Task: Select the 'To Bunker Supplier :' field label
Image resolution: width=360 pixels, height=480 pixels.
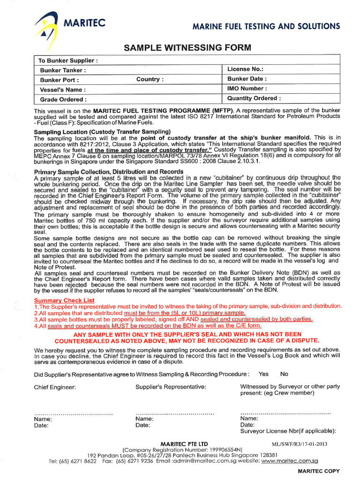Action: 68,60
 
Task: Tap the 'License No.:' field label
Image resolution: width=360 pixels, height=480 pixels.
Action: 245,69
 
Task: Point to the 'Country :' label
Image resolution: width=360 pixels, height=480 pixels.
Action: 150,79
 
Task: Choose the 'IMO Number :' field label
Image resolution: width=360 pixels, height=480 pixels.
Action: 247,88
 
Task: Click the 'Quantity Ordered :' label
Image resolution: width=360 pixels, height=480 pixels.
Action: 254,98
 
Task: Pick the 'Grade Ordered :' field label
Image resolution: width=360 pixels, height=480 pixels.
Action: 63,99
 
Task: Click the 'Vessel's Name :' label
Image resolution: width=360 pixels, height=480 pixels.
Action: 63,90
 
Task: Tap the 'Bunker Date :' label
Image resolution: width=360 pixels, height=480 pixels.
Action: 247,79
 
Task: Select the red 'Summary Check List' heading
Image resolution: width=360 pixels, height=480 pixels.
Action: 64,300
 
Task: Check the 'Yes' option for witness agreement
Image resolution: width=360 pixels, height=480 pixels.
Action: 263,374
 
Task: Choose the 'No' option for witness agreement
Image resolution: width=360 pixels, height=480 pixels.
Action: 284,374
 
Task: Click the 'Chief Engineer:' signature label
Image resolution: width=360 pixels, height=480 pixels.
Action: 55,387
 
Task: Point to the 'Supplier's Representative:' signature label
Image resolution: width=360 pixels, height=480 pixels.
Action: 171,387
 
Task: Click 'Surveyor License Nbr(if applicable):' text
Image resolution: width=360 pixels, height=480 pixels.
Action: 288,431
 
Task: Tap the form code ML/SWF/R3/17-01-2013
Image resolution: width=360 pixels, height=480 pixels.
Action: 300,444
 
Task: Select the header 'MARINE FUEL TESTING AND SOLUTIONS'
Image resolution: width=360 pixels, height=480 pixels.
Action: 266,26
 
